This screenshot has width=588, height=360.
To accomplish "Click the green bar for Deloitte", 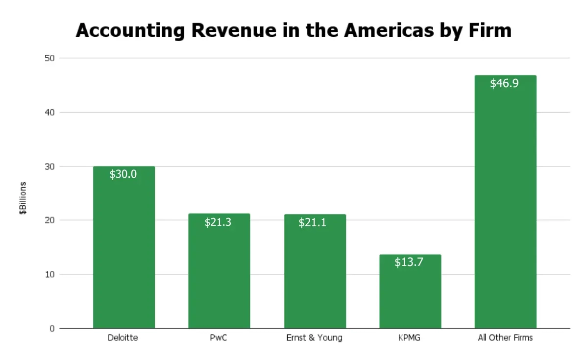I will [x=123, y=255].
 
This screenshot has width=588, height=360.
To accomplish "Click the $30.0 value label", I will [x=123, y=174].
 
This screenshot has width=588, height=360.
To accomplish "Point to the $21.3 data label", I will [x=218, y=222].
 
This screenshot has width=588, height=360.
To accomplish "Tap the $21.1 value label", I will [x=313, y=223].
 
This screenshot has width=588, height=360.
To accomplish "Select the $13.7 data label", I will [x=409, y=262].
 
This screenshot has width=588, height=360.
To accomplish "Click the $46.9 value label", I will [x=504, y=83].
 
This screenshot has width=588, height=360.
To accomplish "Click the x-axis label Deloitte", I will [x=122, y=338].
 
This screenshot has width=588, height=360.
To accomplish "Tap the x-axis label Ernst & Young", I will [x=314, y=338].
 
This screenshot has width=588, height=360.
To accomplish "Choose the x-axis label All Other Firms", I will [x=505, y=338].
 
